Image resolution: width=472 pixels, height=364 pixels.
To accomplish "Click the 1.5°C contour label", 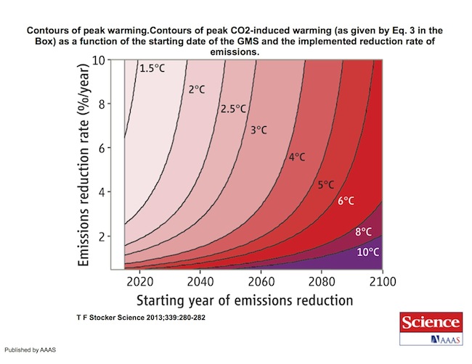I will coord(153,69).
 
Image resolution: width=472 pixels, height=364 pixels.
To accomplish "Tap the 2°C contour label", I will coord(198,90).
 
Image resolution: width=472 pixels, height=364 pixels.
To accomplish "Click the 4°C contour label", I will coord(298,157).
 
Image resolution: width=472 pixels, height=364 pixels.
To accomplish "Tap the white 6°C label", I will coord(346,201).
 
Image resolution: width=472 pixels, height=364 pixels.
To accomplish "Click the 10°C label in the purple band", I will coord(367,252).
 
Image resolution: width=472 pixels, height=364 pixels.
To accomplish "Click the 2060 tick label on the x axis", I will coord(261,281).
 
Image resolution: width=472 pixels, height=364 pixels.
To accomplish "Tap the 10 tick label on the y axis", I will coord(97,59).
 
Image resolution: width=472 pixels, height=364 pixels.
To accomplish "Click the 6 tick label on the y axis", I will coord(101,148).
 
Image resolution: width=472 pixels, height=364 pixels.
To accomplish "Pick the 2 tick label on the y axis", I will coord(101,236).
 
